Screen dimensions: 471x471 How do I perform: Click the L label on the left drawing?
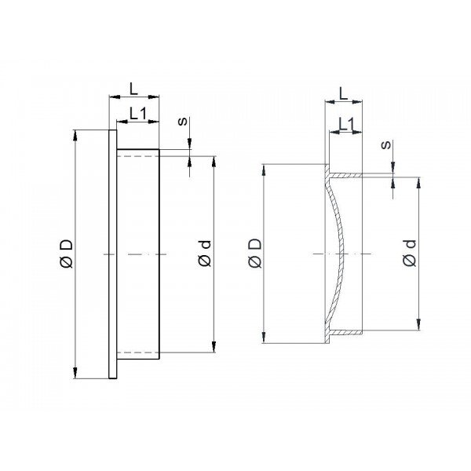tap(133, 89)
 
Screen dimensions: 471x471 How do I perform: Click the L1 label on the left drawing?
tap(138, 114)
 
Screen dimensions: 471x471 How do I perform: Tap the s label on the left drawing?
tap(183, 122)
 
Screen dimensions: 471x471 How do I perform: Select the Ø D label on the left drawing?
tap(67, 254)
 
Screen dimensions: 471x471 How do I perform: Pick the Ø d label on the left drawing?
tap(205, 254)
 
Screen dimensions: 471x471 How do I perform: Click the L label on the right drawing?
tap(343, 93)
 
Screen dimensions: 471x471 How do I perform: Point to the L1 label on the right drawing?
tap(347, 124)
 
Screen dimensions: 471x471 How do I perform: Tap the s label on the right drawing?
tap(386, 144)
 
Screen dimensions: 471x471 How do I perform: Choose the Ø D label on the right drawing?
tap(255, 253)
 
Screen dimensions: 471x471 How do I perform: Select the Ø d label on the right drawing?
tap(410, 253)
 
